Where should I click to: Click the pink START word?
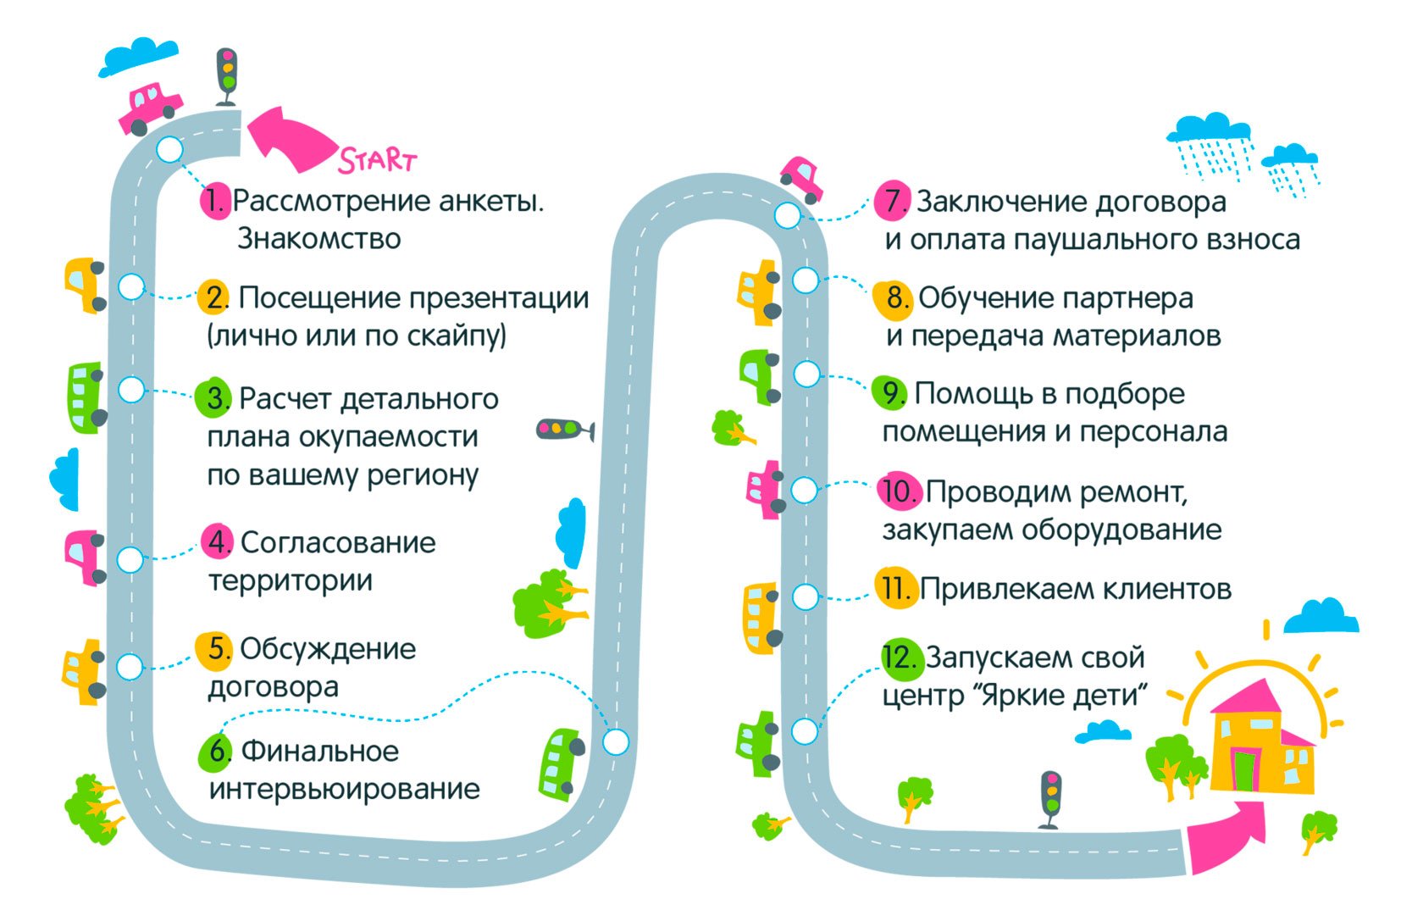click(378, 159)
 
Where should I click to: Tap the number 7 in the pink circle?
click(892, 201)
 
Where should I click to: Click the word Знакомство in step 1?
click(318, 239)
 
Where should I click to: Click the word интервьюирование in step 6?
click(344, 789)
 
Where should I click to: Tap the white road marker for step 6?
click(616, 742)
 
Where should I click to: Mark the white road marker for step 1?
click(170, 150)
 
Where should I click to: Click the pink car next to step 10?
click(766, 489)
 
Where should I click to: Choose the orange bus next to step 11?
click(761, 617)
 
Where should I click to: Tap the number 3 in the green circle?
click(215, 398)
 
